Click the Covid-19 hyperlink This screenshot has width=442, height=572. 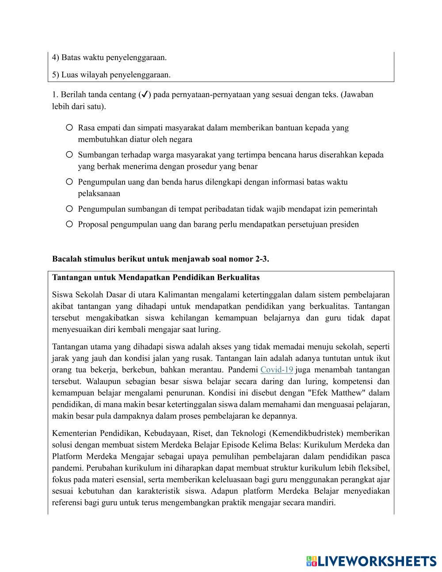pos(277,370)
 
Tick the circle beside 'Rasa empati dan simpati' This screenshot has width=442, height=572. pos(69,128)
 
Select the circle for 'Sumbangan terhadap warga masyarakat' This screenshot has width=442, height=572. pos(69,155)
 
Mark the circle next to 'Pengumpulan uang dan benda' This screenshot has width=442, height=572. pos(69,182)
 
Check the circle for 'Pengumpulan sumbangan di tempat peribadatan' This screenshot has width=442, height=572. pos(69,209)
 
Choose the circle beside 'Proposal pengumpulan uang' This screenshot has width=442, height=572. pos(69,224)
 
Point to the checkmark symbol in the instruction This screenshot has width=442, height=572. pos(145,95)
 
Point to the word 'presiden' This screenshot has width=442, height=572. pos(343,224)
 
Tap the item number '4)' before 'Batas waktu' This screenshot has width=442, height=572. pos(56,57)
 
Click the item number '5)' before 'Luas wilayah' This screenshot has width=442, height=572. pos(56,75)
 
